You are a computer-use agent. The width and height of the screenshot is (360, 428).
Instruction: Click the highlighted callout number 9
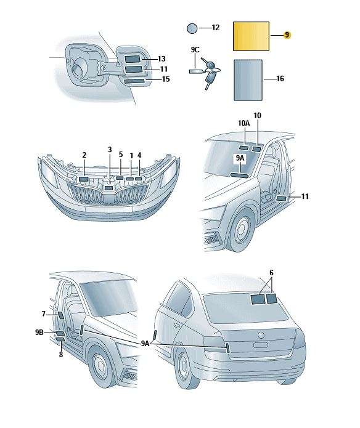(x=287, y=35)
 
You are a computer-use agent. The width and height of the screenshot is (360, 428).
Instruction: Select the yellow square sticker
(x=251, y=36)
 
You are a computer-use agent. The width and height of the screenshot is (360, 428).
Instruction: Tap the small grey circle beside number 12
(x=192, y=28)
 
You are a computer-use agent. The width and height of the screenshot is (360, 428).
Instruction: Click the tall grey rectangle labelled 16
(x=248, y=80)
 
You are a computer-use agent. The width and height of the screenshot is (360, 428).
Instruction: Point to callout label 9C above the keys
(x=195, y=50)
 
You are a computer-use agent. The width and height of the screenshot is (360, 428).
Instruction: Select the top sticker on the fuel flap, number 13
(x=133, y=59)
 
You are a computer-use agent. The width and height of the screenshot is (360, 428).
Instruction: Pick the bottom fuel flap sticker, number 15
(x=134, y=81)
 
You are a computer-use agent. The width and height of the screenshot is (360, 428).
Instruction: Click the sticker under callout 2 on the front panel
(x=83, y=179)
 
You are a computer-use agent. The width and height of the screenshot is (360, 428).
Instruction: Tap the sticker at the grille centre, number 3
(x=109, y=188)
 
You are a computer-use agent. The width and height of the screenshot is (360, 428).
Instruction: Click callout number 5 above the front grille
(x=121, y=155)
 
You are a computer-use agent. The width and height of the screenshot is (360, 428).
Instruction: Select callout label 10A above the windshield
(x=244, y=123)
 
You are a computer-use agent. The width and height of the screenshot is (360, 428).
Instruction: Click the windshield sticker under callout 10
(x=256, y=149)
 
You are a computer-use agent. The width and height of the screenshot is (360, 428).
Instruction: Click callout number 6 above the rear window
(x=271, y=273)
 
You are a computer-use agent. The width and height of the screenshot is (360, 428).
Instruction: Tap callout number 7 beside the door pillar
(x=43, y=314)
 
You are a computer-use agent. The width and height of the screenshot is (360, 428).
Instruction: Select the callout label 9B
(x=39, y=332)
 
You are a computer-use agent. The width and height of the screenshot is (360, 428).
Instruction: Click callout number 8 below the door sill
(x=61, y=355)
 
